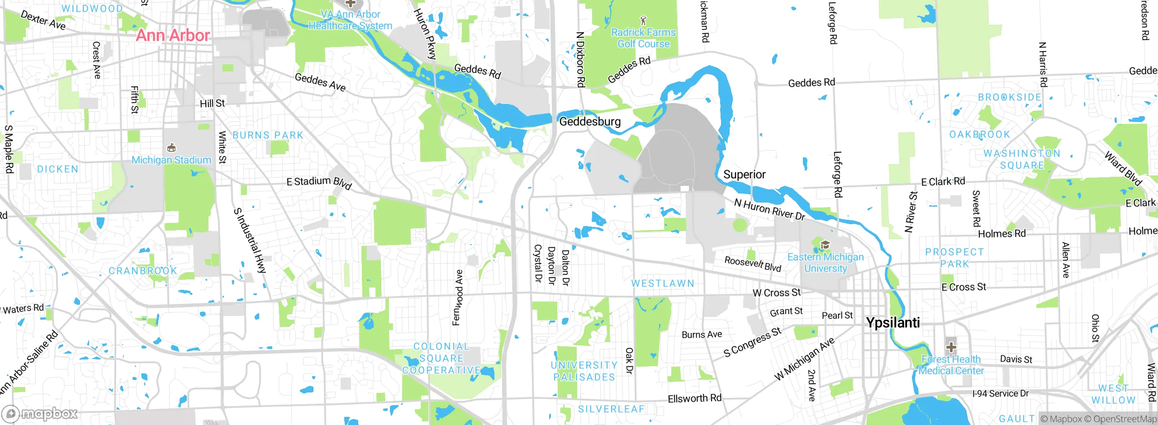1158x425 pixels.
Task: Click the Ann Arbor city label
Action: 173,35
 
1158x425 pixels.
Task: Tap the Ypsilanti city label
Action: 892,323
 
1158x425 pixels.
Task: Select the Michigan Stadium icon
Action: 171,148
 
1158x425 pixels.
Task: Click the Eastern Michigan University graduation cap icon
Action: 825,246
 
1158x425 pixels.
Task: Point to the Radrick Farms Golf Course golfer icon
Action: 643,20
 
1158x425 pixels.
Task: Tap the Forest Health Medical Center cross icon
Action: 951,347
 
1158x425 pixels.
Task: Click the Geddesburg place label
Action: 590,122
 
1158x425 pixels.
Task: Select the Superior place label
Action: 744,175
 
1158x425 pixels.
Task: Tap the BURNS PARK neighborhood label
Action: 268,135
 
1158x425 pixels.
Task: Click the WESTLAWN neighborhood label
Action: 663,283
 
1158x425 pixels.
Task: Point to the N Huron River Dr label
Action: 769,210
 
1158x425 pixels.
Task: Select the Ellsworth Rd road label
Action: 694,398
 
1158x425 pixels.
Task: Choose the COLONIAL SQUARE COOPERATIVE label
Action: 441,358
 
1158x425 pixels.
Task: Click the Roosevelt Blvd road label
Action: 753,264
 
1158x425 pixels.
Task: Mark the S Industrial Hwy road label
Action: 249,241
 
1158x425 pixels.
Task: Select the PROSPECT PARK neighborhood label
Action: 954,258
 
